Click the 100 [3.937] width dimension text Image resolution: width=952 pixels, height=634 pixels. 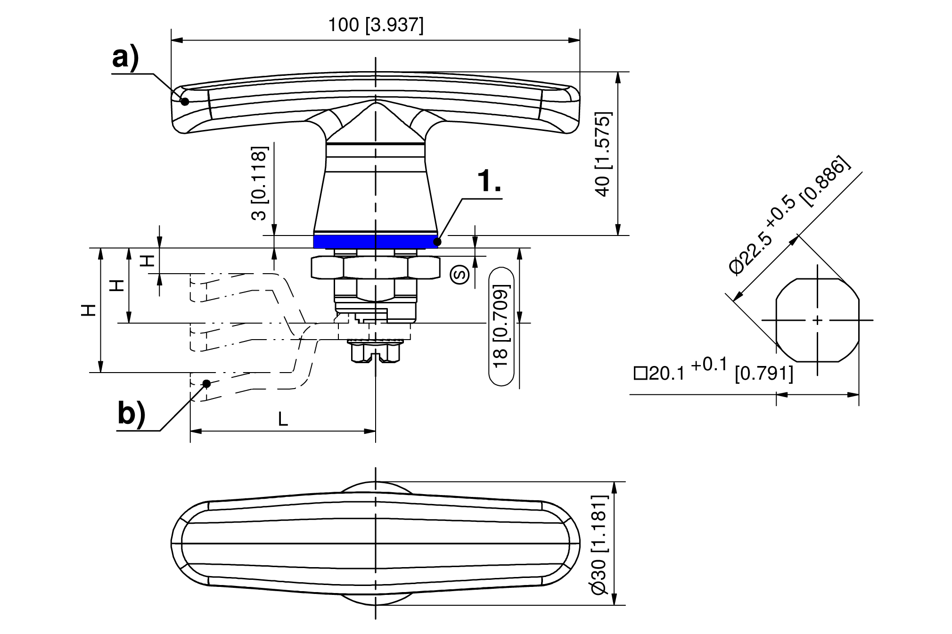tap(376, 25)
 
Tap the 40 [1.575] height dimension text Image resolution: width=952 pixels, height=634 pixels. tap(603, 154)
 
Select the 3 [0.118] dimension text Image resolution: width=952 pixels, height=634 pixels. tap(259, 183)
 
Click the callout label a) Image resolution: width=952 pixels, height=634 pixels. tap(125, 59)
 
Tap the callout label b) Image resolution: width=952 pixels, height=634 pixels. tap(131, 414)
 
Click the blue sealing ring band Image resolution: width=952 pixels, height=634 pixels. tap(376, 242)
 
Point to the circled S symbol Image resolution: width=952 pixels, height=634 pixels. tap(460, 275)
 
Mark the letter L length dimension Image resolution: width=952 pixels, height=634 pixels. tap(283, 419)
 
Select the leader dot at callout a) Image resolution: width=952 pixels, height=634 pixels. tap(185, 101)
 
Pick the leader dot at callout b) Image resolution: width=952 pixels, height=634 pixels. tap(206, 383)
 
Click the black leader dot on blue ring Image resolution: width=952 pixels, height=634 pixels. tap(437, 242)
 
